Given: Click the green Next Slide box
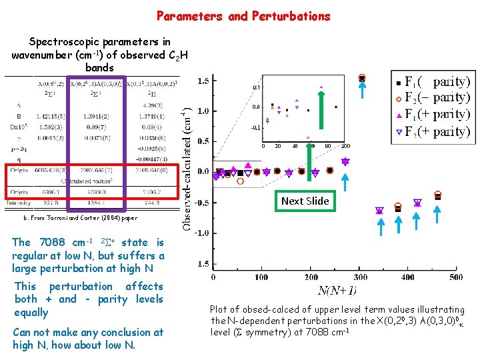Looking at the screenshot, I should (x=305, y=201).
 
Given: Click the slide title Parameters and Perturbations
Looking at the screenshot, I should (x=243, y=15).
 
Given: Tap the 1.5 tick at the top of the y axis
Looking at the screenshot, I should (x=203, y=81).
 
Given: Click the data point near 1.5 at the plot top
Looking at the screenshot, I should (x=362, y=78).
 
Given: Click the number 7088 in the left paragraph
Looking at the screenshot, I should (x=53, y=243).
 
